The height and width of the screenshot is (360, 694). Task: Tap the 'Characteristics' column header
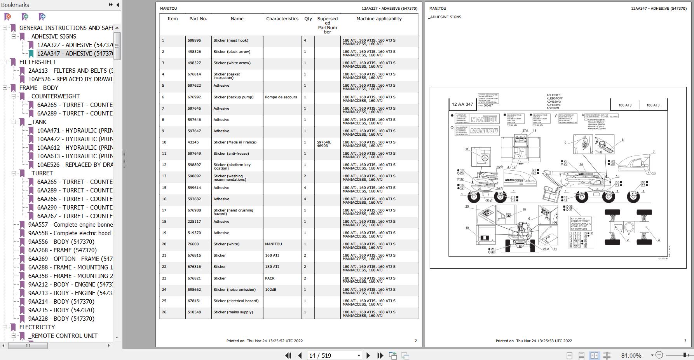point(282,19)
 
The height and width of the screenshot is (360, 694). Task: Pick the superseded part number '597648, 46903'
point(324,144)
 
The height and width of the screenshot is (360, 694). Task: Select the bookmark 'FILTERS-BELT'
point(38,62)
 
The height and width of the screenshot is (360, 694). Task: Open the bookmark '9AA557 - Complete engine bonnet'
point(70,225)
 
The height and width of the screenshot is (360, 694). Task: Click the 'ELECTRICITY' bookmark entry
point(37,327)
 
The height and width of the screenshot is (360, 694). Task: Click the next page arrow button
point(368,355)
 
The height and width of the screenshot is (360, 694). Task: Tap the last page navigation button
point(380,355)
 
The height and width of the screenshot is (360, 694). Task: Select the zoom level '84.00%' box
point(631,355)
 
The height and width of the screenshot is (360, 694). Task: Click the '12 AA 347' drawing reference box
point(462,104)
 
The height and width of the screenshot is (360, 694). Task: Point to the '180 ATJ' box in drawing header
point(653,105)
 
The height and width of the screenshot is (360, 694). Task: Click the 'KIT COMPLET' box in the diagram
point(581,224)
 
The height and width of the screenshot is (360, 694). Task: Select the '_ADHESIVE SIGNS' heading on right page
point(445,17)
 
